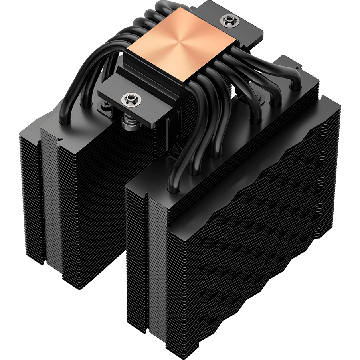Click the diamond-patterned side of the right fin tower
pos(255,224)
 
